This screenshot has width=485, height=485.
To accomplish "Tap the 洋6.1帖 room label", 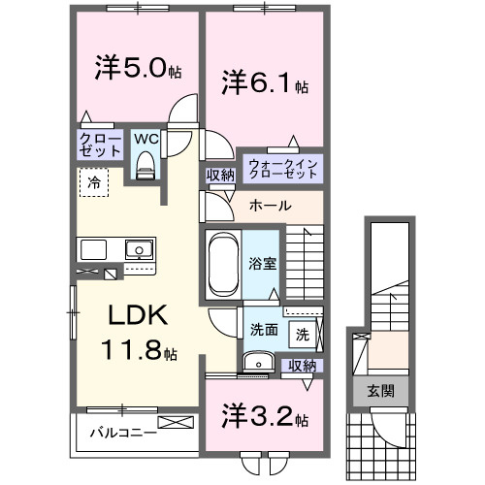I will click(265, 82).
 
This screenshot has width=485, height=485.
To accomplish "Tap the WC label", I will click(145, 139).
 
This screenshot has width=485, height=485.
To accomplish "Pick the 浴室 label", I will click(262, 262).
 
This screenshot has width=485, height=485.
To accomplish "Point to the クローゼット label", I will click(101, 145).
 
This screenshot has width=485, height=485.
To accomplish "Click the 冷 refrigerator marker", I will click(94, 181).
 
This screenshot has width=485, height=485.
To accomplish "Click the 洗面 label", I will click(264, 329).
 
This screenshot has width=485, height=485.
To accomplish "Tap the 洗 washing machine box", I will click(303, 335).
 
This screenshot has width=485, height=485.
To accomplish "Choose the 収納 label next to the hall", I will click(219, 176).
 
